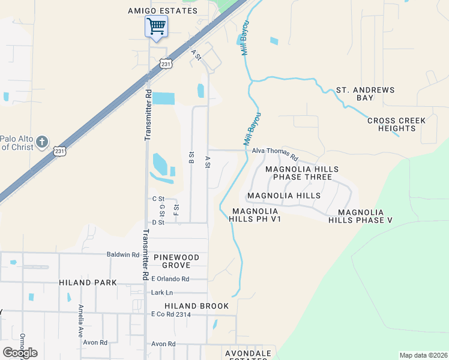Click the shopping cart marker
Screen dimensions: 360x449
[156, 26]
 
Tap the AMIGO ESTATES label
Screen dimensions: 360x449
[163, 11]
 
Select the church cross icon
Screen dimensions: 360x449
[41, 142]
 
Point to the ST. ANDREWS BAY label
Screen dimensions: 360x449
[365, 94]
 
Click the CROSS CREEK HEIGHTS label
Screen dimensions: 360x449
[396, 125]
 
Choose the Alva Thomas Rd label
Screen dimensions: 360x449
[275, 151]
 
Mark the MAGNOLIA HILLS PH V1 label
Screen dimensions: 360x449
[255, 215]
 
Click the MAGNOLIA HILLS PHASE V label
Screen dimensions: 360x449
[360, 217]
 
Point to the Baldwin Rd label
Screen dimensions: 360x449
[123, 254]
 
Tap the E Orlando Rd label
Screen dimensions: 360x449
[170, 278]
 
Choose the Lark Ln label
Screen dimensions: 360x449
[161, 292]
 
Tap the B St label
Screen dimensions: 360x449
[191, 158]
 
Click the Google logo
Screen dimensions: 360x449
[20, 352]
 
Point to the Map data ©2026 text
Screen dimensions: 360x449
[423, 355]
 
